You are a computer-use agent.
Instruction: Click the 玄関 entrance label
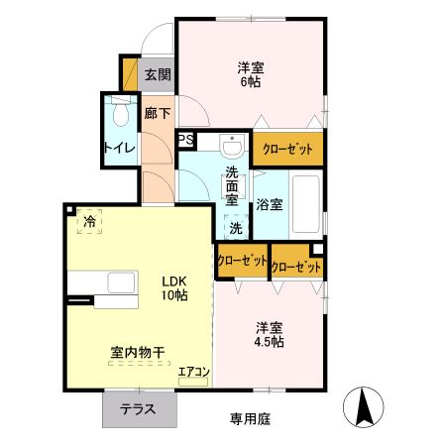coord(157,74)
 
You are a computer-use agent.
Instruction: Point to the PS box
coord(184,141)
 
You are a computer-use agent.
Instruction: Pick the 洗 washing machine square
coord(236,227)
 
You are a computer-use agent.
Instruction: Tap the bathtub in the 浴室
coord(305,202)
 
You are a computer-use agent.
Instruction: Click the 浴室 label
coord(270,206)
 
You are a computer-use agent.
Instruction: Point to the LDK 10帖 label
coord(174,287)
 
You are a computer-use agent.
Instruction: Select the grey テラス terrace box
coord(137,408)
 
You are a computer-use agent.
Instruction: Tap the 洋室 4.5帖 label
coord(269,334)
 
